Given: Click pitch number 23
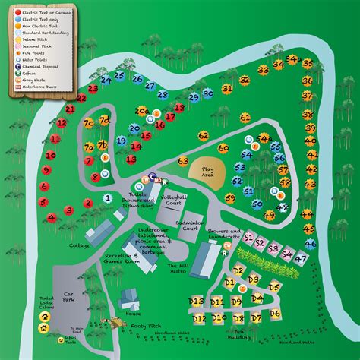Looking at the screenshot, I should pyautogui.click(x=93, y=89).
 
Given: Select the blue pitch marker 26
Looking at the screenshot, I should pyautogui.click(x=137, y=78).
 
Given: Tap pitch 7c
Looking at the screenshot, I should pyautogui.click(x=89, y=122).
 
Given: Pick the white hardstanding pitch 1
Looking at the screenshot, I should pyautogui.click(x=109, y=198).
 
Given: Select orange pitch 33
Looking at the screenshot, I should pyautogui.click(x=263, y=70).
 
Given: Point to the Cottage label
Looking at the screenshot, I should pyautogui.click(x=79, y=245).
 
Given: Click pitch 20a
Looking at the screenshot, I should pyautogui.click(x=142, y=112).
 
